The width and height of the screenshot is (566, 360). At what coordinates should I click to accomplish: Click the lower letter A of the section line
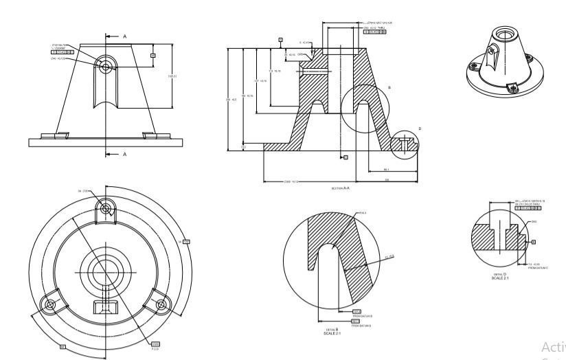[x=125, y=155]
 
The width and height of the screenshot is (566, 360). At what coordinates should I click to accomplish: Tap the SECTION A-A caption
[x=341, y=186]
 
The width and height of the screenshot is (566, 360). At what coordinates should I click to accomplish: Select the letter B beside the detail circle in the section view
[x=389, y=88]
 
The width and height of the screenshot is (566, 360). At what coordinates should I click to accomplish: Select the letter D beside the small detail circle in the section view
[x=420, y=129]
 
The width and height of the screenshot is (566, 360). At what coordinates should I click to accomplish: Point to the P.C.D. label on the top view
[x=155, y=348]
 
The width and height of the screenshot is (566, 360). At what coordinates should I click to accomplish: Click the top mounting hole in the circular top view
[x=105, y=207]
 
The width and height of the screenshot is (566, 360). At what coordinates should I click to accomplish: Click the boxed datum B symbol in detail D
[x=534, y=241]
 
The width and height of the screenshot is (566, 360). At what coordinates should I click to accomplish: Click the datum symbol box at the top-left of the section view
[x=280, y=40]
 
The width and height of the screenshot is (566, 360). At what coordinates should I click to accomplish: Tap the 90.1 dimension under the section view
[x=387, y=169]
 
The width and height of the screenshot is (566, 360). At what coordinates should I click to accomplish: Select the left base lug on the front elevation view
[x=60, y=134]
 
